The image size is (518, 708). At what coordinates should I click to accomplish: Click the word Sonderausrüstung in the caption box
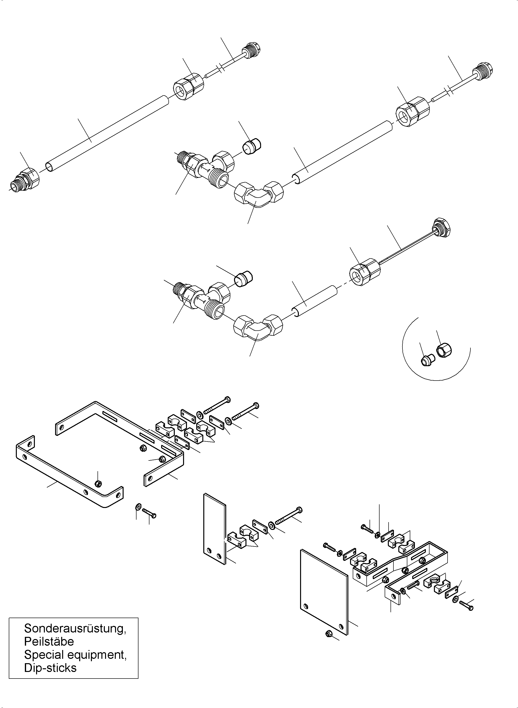point(75,628)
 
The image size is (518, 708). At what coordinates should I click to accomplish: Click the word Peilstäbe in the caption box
point(49,641)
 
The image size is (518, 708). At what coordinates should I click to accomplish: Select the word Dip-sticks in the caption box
point(50,668)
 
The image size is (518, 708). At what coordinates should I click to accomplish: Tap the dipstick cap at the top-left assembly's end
point(252,50)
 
